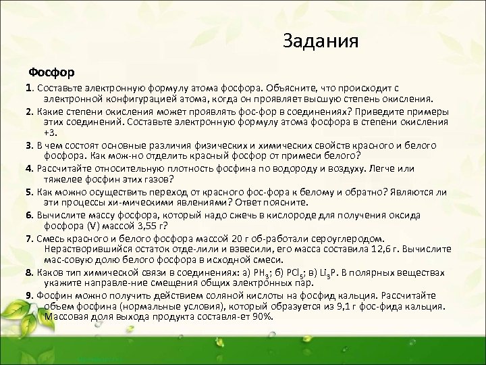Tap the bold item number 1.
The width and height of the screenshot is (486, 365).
[x=28, y=88]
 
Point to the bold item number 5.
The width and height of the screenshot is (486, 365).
[x=28, y=192]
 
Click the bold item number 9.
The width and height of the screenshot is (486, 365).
[x=28, y=296]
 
